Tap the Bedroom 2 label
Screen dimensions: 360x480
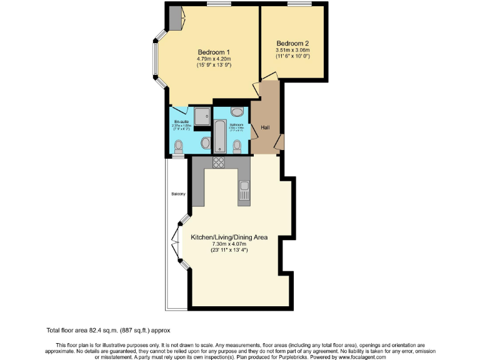click(x=293, y=44)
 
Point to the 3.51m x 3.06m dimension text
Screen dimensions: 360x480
click(x=293, y=50)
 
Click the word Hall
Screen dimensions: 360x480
click(x=265, y=127)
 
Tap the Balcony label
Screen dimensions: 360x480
click(x=178, y=194)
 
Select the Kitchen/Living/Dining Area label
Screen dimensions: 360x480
click(x=230, y=237)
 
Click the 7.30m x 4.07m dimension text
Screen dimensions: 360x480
click(x=230, y=244)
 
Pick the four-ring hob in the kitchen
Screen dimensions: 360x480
click(x=219, y=162)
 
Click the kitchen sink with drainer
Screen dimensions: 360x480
click(x=244, y=191)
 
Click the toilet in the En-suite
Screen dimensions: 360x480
click(x=179, y=146)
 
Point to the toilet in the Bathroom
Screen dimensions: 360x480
click(x=237, y=146)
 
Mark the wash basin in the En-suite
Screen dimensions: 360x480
click(x=206, y=143)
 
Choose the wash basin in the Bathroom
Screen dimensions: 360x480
click(x=237, y=112)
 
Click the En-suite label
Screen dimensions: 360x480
click(x=181, y=121)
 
